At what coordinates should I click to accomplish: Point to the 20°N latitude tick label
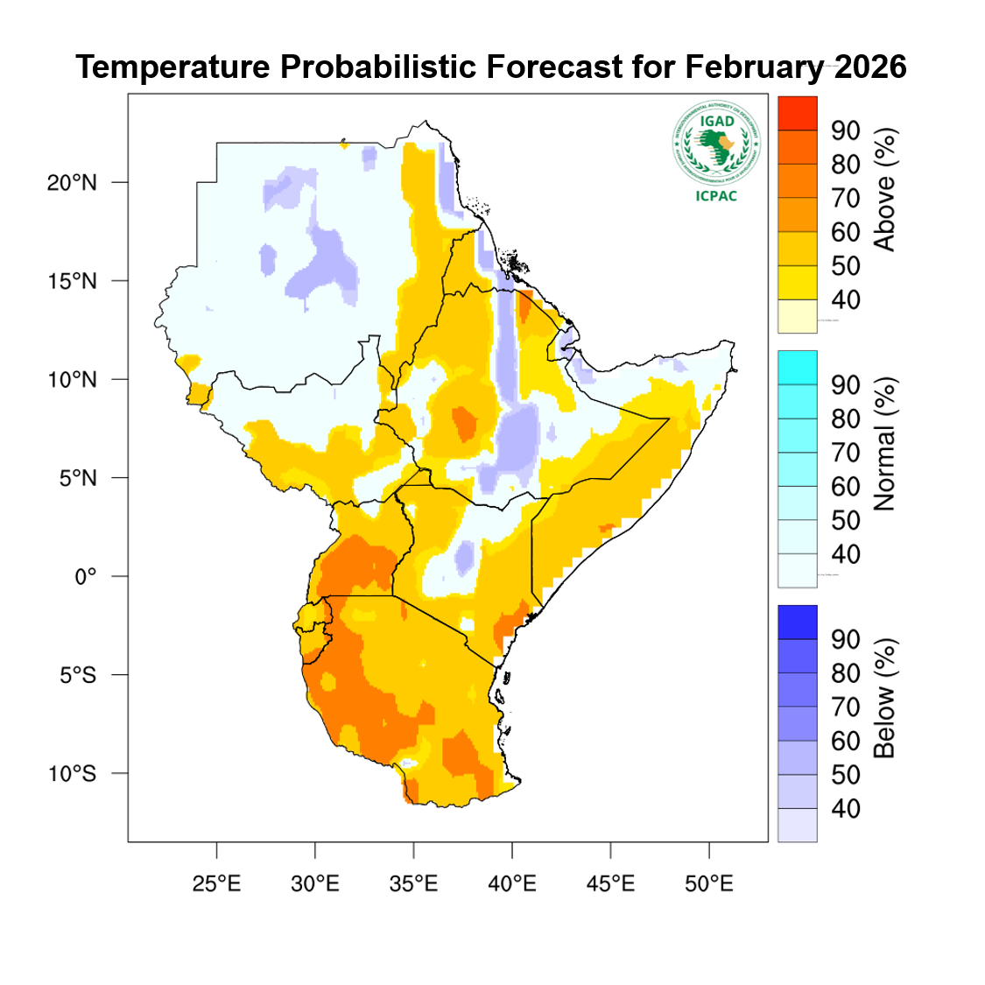tap(72, 183)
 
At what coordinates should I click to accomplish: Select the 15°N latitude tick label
tap(72, 282)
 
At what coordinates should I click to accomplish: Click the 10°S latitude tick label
tap(72, 774)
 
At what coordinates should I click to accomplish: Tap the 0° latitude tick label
tap(85, 577)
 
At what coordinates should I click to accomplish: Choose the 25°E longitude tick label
tap(216, 884)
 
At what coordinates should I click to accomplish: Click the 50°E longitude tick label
tap(708, 884)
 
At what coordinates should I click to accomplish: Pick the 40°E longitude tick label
tap(511, 884)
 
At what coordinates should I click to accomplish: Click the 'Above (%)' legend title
tap(885, 190)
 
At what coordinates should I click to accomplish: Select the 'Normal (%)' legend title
tap(885, 445)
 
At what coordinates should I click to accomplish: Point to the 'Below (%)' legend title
tap(885, 698)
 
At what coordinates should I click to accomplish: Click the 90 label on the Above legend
tap(846, 131)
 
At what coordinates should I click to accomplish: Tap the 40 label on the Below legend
tap(846, 809)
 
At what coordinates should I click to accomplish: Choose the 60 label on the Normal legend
tap(846, 487)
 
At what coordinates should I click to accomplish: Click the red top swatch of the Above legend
tap(797, 113)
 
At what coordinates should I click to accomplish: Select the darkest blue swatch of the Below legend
tap(797, 622)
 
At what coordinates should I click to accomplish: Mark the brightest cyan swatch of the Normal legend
tap(797, 367)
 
